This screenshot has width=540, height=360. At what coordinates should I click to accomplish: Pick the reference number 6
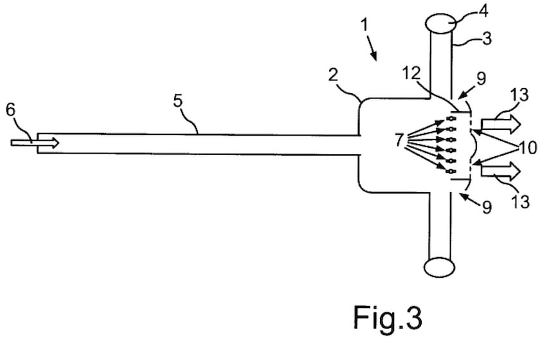pos(10,109)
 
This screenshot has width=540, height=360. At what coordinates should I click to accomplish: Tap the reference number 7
pos(400,139)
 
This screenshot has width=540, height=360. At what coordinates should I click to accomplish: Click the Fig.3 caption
pos(388,317)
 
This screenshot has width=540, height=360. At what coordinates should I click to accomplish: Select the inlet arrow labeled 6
pos(35,142)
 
